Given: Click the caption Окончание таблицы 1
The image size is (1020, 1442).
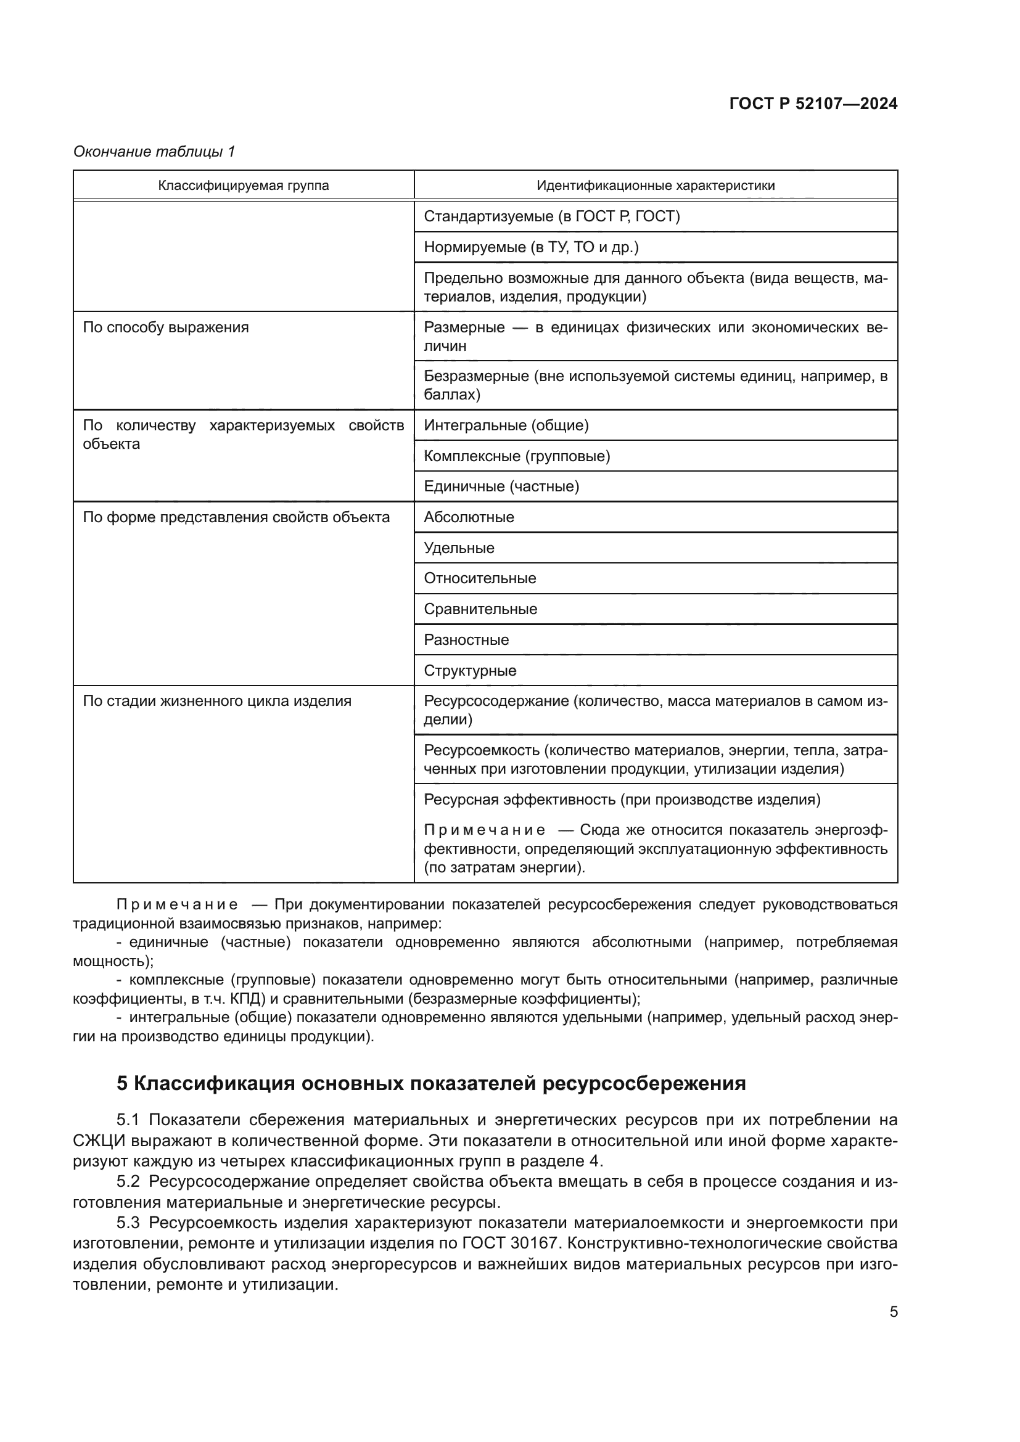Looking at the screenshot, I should click(x=154, y=152).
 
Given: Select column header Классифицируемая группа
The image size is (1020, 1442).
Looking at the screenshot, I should click(x=243, y=186).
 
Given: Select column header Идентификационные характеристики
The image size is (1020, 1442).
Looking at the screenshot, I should click(x=655, y=186).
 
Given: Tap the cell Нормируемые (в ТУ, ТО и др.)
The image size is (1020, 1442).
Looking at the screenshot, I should click(x=531, y=247).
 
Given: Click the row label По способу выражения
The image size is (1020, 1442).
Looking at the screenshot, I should click(x=166, y=327).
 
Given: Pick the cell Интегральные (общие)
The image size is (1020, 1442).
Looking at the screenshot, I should click(x=506, y=425).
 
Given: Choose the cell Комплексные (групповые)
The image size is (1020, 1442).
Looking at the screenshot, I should click(x=517, y=456).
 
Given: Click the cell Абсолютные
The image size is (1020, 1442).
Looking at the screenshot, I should click(x=469, y=517).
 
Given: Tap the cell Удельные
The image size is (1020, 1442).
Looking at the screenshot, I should click(x=459, y=547).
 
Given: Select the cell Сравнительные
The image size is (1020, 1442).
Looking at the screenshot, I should click(x=480, y=608).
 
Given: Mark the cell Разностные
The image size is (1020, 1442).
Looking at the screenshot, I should click(x=466, y=639).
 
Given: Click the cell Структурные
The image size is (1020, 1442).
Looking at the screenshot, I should click(x=470, y=670).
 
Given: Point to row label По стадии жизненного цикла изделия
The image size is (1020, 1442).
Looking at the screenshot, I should click(x=216, y=701).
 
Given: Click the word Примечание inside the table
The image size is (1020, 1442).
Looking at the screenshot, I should click(x=484, y=830).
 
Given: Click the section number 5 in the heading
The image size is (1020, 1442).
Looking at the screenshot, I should click(x=123, y=1084).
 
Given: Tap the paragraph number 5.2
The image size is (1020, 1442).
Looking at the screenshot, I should click(x=128, y=1181).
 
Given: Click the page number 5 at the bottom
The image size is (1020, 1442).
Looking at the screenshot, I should click(x=893, y=1312).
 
